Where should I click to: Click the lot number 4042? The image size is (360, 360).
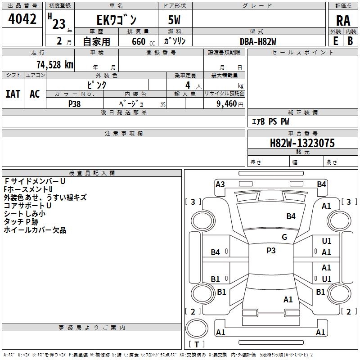(22, 19)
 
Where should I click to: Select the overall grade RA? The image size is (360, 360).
(343, 21)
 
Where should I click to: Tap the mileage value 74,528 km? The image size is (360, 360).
(54, 64)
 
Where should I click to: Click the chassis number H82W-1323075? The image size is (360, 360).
(302, 143)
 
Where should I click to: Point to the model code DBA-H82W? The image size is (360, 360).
(258, 41)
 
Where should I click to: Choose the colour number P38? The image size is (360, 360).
(74, 104)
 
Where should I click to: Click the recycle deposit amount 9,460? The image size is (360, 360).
(227, 103)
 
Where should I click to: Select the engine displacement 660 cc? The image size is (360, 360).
(143, 41)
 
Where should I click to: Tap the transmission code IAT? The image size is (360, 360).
(13, 94)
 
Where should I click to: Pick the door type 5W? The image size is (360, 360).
(174, 20)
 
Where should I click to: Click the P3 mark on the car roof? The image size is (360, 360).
(271, 250)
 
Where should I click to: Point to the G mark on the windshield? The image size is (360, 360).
(284, 237)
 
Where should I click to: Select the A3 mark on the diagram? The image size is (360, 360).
(220, 184)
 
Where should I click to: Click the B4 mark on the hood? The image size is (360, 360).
(291, 216)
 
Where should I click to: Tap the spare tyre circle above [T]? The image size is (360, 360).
(197, 328)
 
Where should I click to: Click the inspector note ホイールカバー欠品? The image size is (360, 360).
(35, 230)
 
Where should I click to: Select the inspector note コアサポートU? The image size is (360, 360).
(27, 206)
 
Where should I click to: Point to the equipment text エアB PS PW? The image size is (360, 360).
(270, 121)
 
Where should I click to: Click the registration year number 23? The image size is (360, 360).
(59, 24)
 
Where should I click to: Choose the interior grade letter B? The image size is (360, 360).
(350, 41)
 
